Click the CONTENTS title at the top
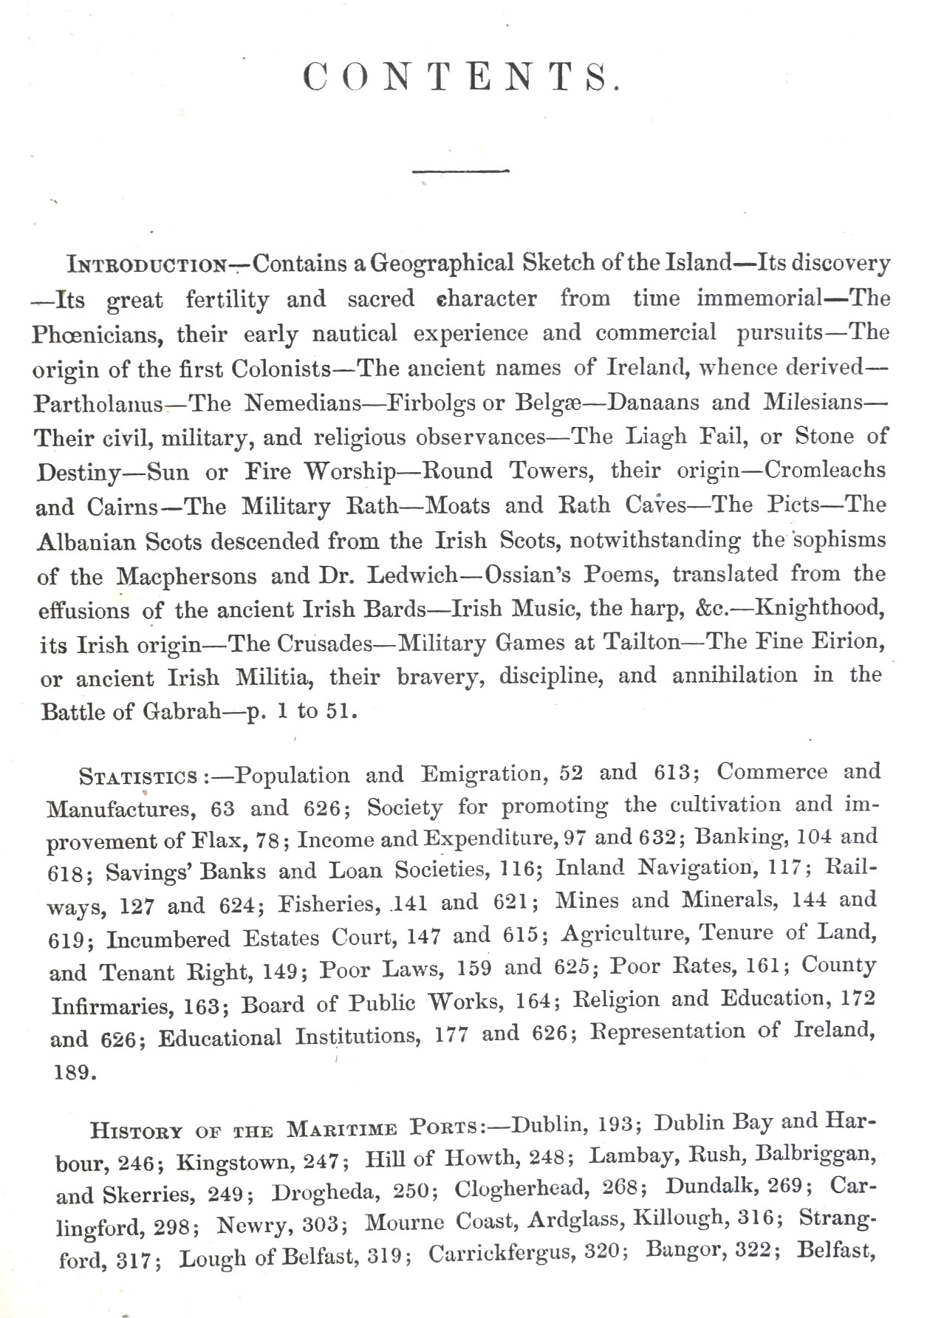click(461, 77)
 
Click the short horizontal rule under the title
click(461, 172)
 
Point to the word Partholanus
click(99, 404)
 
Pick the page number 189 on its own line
click(75, 1072)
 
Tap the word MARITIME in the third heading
click(342, 1130)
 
